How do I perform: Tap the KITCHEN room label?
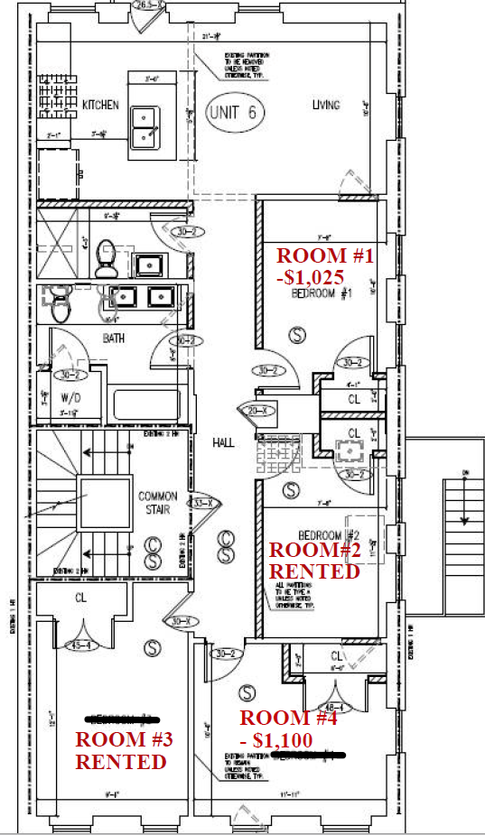pyautogui.click(x=100, y=106)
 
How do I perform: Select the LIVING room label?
pyautogui.click(x=326, y=105)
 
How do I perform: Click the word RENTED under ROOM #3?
pyautogui.click(x=120, y=762)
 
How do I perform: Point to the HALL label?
pyautogui.click(x=224, y=442)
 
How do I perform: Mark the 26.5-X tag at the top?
pyautogui.click(x=148, y=5)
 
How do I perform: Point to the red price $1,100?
pyautogui.click(x=283, y=740)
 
